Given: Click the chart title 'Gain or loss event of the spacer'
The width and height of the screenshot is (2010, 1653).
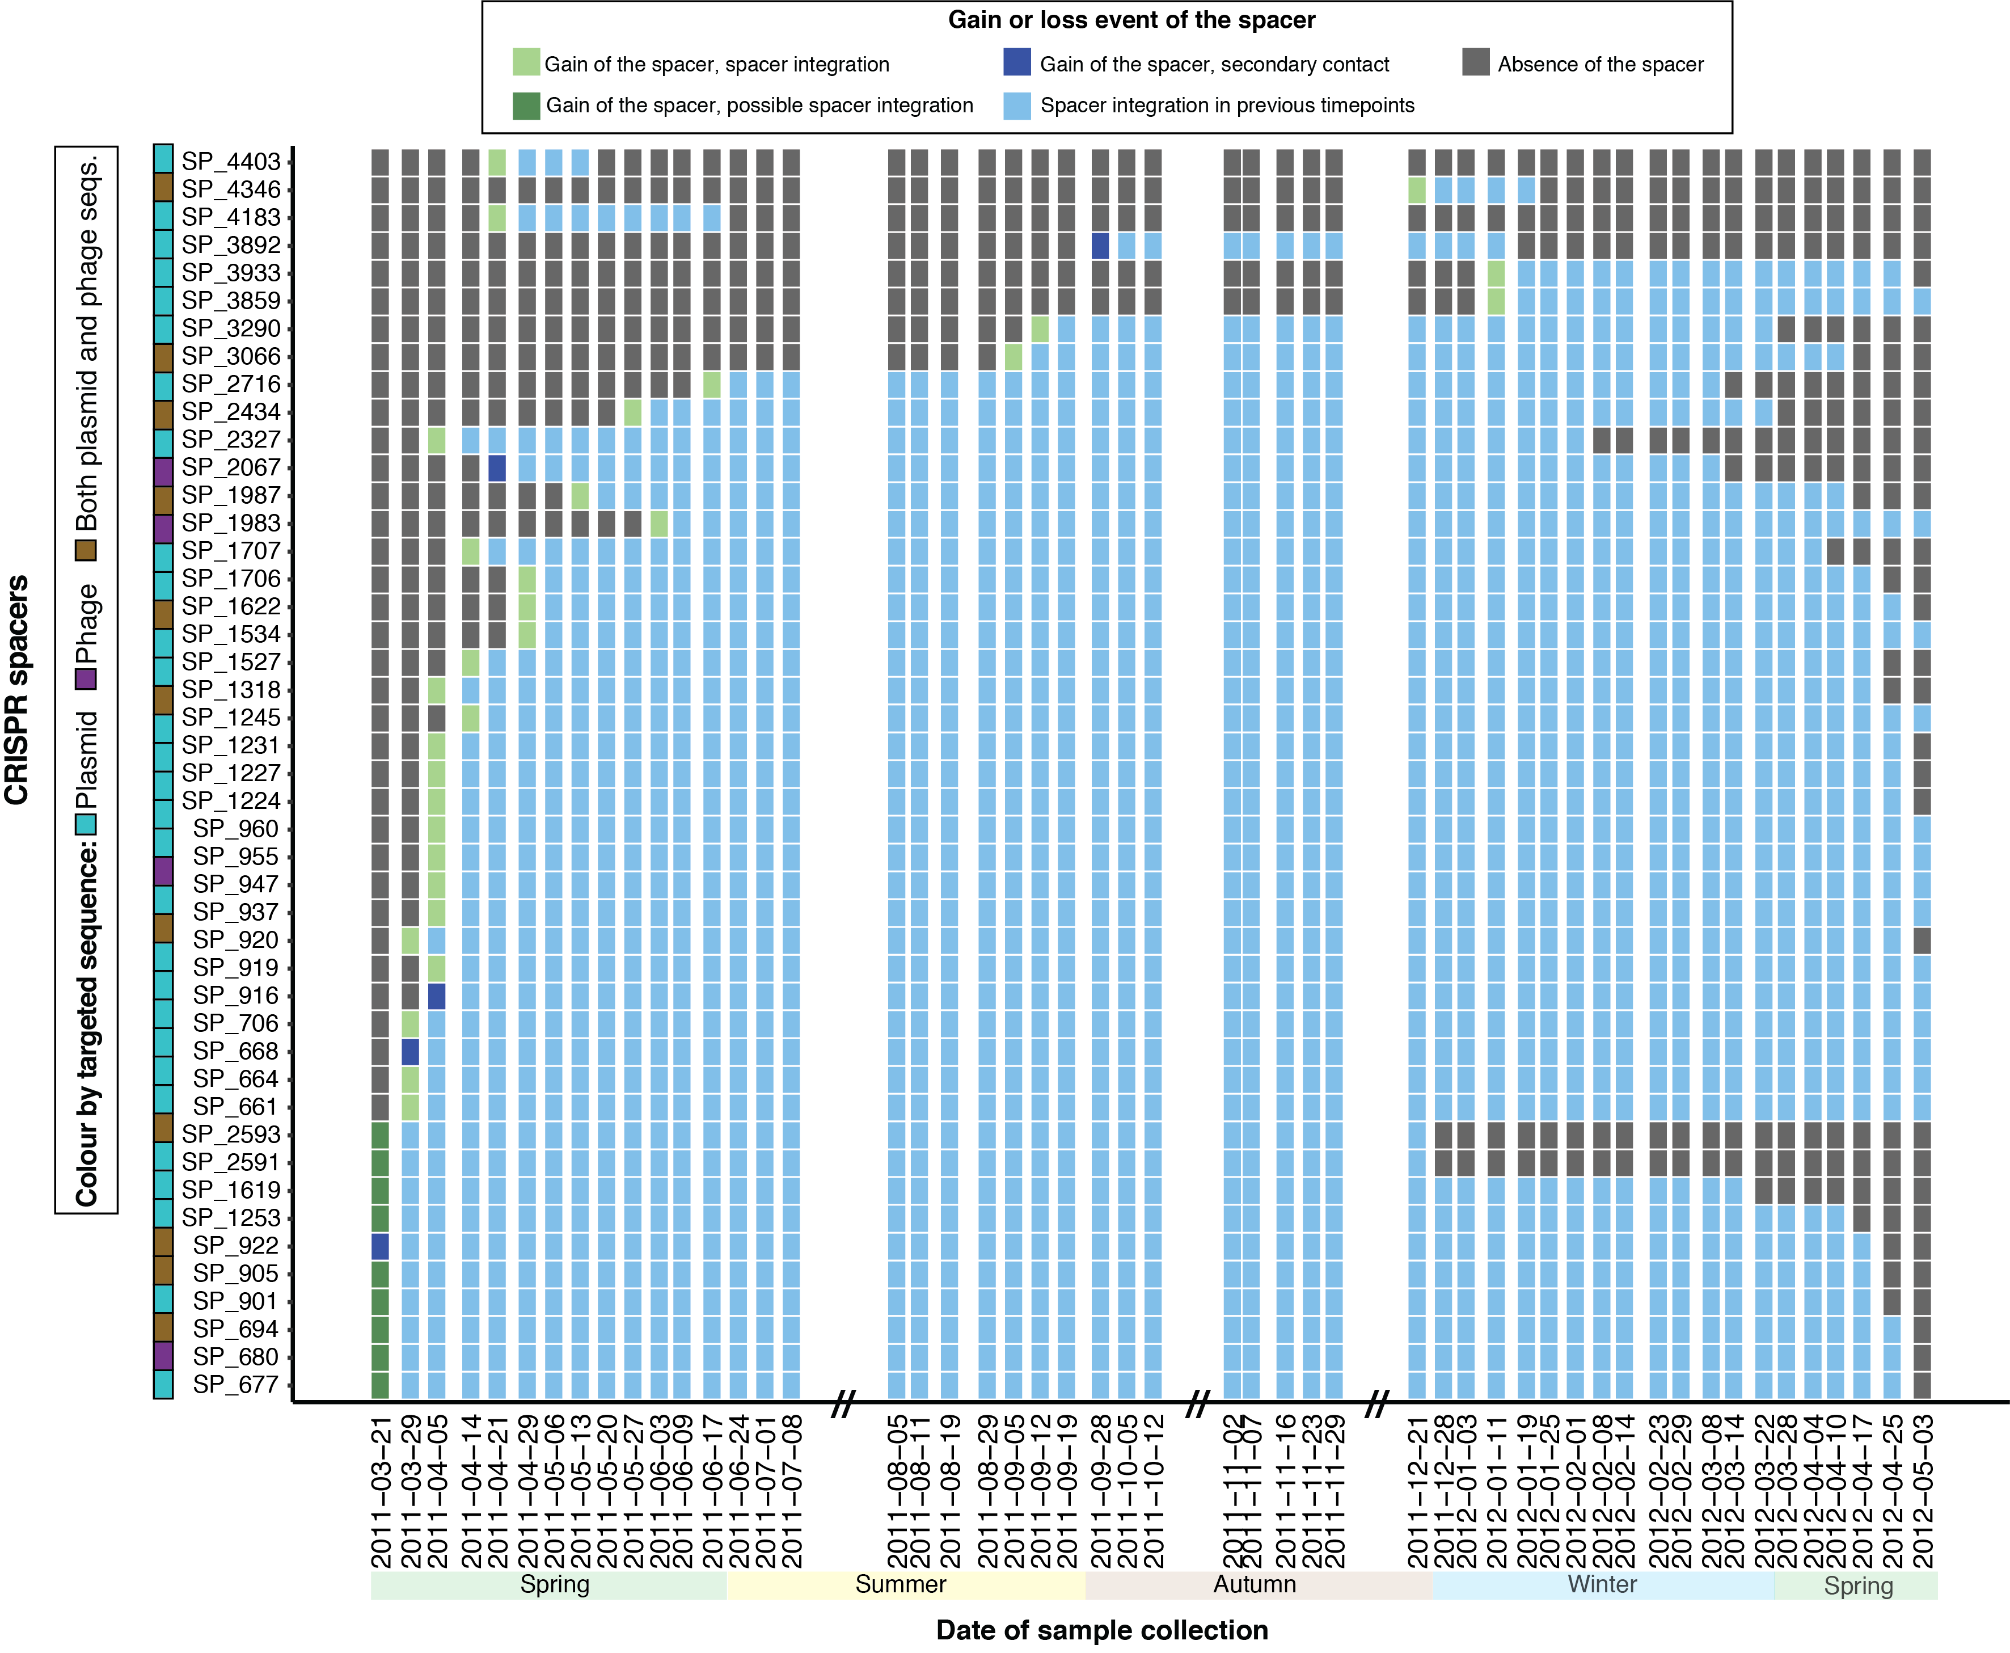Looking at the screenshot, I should (x=1131, y=20).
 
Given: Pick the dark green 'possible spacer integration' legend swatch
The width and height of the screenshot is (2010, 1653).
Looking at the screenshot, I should (x=526, y=105).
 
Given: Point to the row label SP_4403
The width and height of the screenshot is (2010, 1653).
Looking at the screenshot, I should (x=231, y=162).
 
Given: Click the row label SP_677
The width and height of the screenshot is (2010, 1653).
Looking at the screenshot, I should (x=236, y=1385).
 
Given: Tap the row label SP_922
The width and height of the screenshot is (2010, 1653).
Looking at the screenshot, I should (x=236, y=1246).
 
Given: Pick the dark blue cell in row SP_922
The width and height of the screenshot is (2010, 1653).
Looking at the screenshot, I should (x=380, y=1246).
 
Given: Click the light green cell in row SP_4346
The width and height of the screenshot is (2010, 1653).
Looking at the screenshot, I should (x=1417, y=189).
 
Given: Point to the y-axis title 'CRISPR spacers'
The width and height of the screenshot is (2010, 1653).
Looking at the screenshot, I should (x=17, y=690).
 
